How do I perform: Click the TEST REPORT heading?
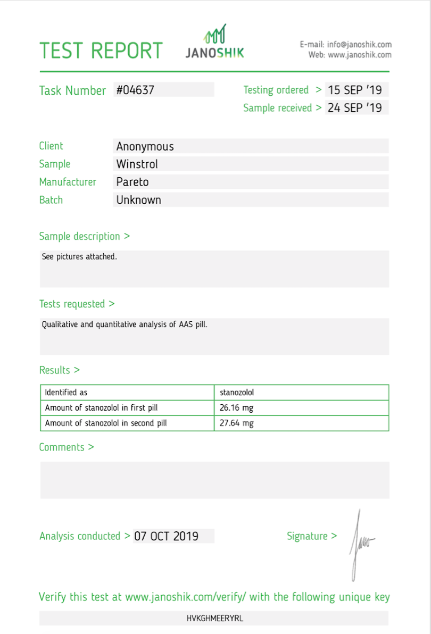101,51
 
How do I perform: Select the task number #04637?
136,90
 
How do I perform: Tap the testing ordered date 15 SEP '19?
355,90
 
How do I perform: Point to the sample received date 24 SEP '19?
355,107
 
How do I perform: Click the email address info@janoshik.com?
360,45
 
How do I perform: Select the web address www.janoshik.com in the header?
360,55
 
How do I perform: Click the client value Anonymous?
145,146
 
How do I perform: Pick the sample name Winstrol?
137,164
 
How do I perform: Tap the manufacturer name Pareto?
132,182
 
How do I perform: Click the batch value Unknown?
139,200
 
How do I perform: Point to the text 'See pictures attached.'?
79,256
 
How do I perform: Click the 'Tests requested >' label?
77,304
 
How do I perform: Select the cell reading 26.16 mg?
237,408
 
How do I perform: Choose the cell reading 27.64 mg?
237,423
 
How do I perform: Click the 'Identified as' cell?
66,393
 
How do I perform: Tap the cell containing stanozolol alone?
237,393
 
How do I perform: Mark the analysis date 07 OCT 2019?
167,536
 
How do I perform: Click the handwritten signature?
360,544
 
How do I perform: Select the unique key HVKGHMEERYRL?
215,618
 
